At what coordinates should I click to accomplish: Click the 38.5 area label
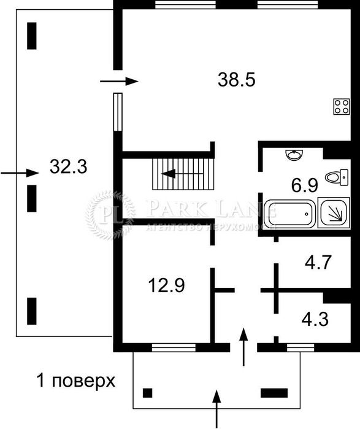236,79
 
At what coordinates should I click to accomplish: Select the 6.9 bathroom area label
303,184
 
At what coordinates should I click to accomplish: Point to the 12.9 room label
167,285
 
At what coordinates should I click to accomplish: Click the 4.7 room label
318,263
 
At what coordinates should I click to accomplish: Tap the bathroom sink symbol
294,154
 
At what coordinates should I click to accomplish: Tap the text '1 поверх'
75,381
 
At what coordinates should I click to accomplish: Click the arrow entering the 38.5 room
119,81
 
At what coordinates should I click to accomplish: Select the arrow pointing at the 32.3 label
19,173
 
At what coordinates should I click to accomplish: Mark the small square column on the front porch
148,393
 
